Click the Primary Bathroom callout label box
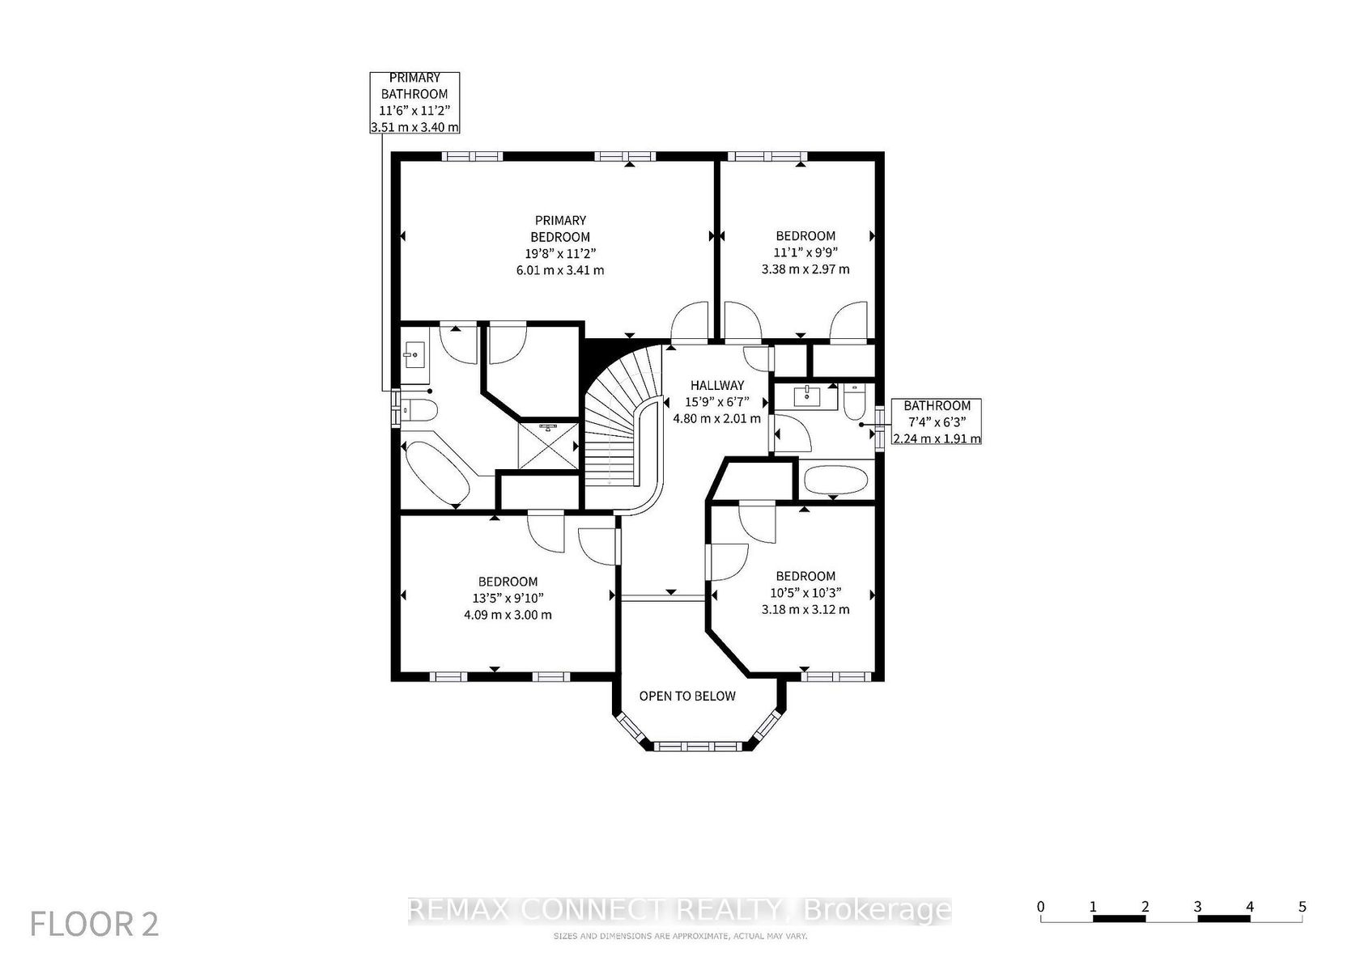[414, 103]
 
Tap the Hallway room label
[717, 385]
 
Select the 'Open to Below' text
[687, 696]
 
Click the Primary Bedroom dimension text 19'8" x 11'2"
[560, 254]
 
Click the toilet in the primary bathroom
[419, 411]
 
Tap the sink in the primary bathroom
[414, 353]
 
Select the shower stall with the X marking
[549, 445]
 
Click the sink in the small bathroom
[808, 396]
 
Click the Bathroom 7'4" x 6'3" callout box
[936, 421]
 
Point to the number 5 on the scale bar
[1303, 906]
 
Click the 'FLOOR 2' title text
[94, 924]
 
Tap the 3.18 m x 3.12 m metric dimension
[805, 609]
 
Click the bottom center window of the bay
[698, 746]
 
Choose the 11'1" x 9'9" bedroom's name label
[805, 235]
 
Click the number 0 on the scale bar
[1041, 906]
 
